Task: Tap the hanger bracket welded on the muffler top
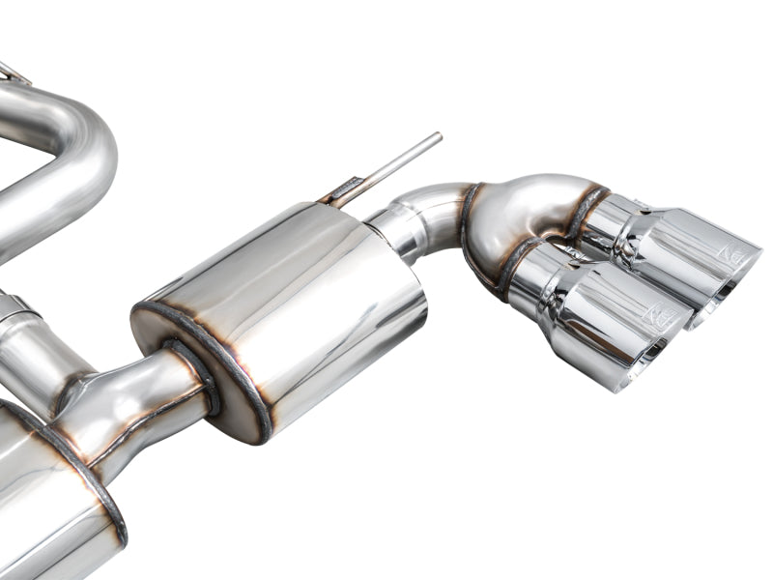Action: [x=344, y=189]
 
